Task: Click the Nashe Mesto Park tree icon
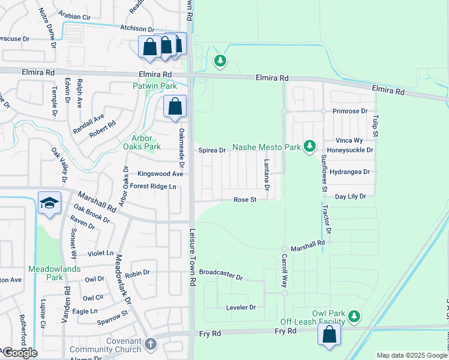310,146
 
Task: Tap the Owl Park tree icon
355,315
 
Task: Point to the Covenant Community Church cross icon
150,344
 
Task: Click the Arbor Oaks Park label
142,141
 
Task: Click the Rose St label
245,199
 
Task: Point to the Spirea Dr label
212,150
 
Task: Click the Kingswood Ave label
160,173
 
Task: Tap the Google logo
19,353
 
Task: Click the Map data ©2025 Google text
411,355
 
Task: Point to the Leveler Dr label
240,307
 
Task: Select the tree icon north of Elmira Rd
220,61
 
